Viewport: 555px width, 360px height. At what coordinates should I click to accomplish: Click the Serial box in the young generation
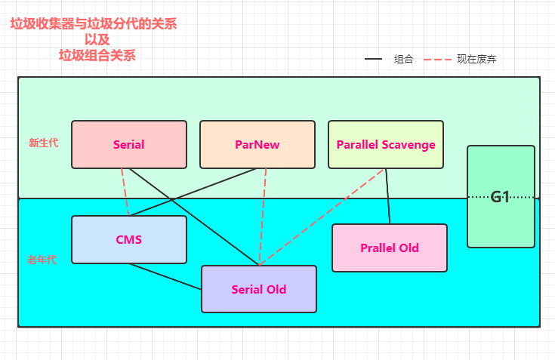tap(128, 144)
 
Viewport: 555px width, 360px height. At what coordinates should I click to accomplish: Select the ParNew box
tap(257, 144)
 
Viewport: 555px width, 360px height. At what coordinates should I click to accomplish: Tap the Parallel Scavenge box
tap(385, 144)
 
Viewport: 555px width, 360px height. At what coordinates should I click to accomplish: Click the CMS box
tap(128, 239)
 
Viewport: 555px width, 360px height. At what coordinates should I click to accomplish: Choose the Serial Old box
tap(258, 289)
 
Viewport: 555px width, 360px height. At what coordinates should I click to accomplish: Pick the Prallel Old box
tap(389, 248)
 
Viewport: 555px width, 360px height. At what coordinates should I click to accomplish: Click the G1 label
tap(500, 197)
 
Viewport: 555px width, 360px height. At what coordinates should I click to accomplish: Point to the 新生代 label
tap(42, 143)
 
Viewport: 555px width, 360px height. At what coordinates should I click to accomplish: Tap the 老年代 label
tap(42, 259)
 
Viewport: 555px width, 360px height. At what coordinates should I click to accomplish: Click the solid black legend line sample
tap(374, 59)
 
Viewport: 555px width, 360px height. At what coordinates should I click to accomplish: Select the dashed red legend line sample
tap(436, 59)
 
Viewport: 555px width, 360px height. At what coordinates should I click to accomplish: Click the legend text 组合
tap(403, 59)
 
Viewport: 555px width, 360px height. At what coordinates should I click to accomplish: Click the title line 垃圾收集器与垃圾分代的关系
tap(94, 24)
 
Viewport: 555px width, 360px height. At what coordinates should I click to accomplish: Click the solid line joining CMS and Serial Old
tap(165, 276)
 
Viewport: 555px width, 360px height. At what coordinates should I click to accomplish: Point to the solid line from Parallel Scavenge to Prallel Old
tap(388, 196)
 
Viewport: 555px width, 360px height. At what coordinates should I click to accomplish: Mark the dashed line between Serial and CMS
tap(125, 192)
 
